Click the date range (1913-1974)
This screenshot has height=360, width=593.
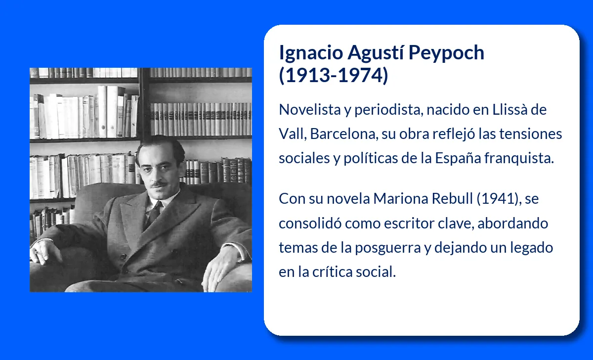[334, 76]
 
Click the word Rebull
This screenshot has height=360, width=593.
[452, 198]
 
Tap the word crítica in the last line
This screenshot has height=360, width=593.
[332, 272]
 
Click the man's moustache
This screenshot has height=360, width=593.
[159, 184]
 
